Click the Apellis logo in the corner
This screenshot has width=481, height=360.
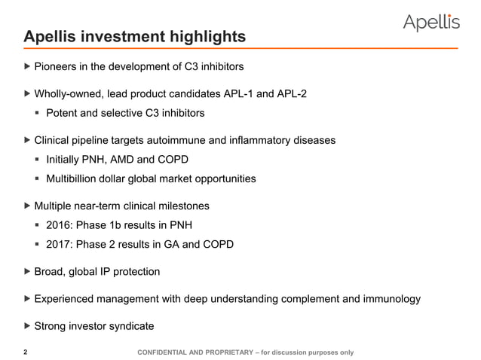tap(430, 23)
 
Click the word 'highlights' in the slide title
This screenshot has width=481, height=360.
tap(206, 36)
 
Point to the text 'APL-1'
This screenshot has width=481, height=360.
tap(240, 94)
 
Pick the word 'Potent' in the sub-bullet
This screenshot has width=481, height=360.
tap(63, 114)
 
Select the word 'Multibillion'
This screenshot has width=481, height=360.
tap(78, 179)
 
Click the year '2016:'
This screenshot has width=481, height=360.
tap(62, 225)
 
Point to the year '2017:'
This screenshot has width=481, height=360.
tap(62, 245)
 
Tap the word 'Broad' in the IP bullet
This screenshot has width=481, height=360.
tap(51, 271)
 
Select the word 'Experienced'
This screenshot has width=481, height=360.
tap(69, 299)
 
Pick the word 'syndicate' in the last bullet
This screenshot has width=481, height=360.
tap(129, 326)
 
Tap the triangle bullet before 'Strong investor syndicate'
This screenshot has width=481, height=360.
tap(29, 326)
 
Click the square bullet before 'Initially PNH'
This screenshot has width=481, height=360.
tap(38, 160)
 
